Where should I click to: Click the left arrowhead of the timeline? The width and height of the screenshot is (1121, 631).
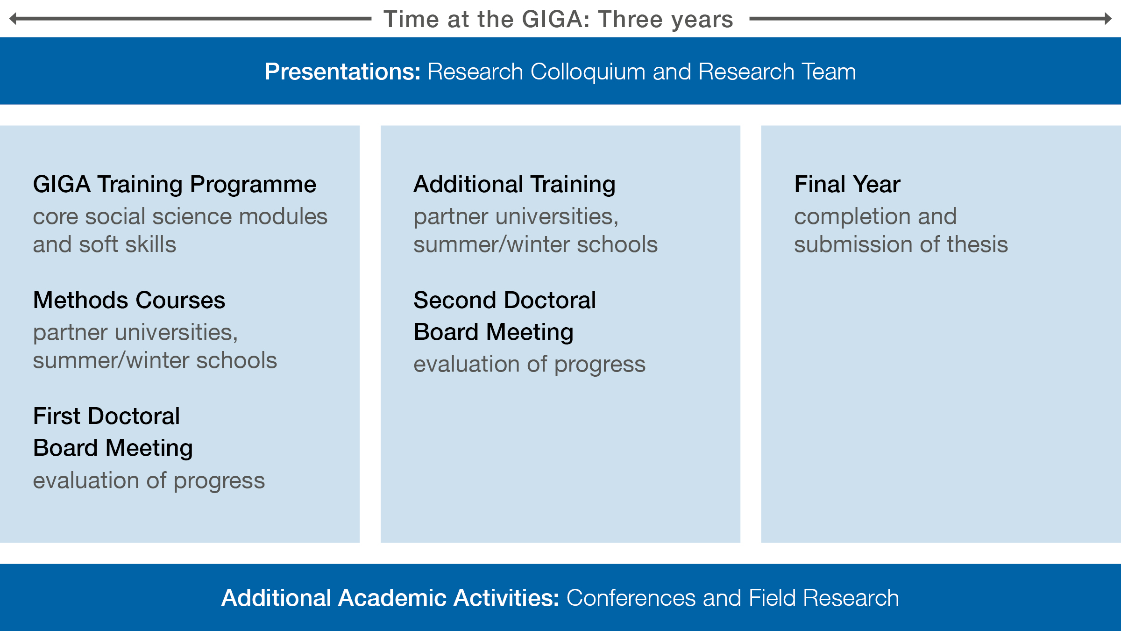13,19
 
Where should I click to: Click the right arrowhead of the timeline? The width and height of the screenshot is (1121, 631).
1108,19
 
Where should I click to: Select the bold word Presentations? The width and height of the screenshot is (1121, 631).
342,72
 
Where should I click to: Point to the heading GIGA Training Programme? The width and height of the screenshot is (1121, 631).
175,184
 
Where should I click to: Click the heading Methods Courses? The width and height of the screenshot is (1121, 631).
129,300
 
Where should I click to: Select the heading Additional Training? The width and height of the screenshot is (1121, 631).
514,184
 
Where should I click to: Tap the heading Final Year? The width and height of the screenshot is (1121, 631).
847,184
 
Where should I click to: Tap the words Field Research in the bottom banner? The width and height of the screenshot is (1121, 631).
824,598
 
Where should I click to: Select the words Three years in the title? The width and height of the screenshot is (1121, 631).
666,20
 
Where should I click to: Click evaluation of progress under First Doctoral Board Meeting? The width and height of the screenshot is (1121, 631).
149,481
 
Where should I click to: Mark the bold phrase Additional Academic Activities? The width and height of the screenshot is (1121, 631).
390,598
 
